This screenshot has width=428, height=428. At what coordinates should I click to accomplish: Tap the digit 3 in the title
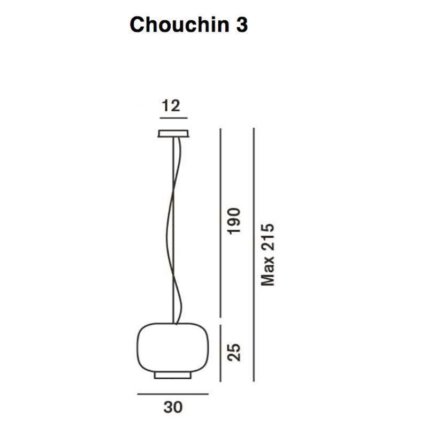coord(242,25)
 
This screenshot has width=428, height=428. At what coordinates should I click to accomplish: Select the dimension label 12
coord(171,106)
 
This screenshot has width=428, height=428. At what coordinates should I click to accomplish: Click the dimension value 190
coord(234,221)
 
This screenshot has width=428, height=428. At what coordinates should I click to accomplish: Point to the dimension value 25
coord(234,352)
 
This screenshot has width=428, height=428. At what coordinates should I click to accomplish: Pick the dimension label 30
coord(173,407)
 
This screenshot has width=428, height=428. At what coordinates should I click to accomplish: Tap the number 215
coord(267,237)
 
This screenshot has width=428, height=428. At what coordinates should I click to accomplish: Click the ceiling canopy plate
coord(173,133)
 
